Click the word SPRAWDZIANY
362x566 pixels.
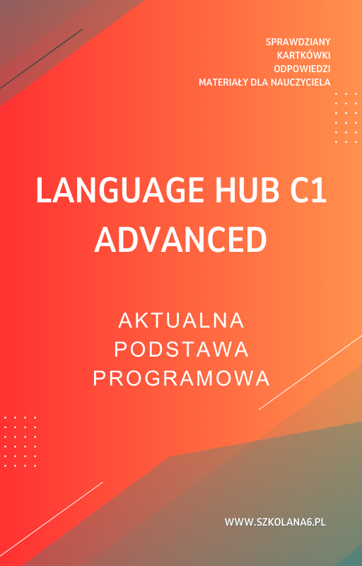pos(298,42)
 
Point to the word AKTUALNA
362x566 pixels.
pos(181,320)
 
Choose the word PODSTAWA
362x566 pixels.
pos(181,350)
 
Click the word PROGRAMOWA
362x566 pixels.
pos(181,379)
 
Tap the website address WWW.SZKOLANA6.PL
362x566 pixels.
pos(275,522)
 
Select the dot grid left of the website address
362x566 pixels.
pos(21,441)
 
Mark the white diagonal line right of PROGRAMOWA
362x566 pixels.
pos(311,371)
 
